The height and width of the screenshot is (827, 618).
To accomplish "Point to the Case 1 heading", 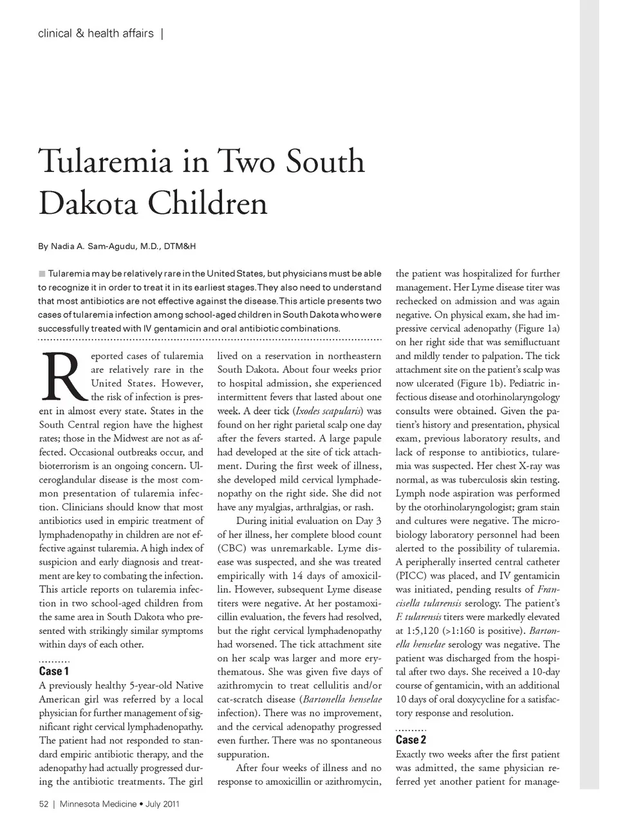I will click(54, 672).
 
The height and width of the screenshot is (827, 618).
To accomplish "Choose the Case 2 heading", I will click(411, 740).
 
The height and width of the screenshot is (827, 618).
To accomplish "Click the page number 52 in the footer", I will click(44, 804).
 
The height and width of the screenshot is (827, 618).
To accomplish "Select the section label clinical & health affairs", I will click(96, 33).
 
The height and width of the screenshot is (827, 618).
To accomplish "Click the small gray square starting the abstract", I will click(42, 274).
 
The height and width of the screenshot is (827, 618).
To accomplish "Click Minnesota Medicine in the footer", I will click(98, 804).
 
